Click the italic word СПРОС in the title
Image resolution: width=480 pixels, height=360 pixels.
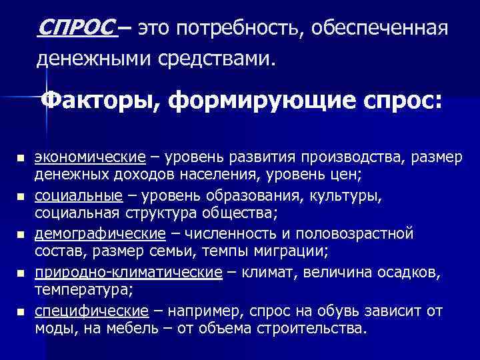point(78,29)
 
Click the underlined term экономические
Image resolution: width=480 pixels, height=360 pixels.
point(90,158)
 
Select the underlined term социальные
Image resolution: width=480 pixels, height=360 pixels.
point(79,196)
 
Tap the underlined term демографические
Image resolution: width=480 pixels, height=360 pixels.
point(100,234)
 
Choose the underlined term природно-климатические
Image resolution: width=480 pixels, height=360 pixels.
point(129,272)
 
